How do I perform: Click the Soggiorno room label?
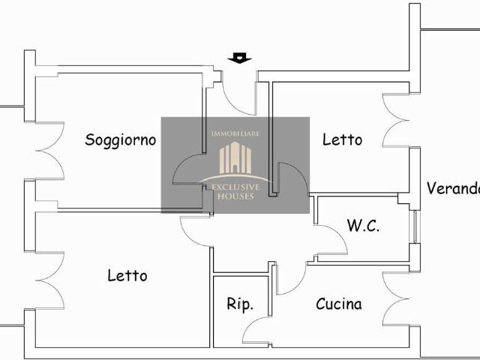point(120,139)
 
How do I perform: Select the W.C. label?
point(363,226)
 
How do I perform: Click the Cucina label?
point(338,304)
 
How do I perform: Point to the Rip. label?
point(240,304)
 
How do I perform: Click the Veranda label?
point(452,188)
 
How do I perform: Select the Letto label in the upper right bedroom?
point(342,139)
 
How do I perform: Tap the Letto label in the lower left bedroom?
point(127,275)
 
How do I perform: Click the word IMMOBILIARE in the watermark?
point(235,133)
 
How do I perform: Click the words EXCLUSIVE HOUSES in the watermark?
point(235,190)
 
